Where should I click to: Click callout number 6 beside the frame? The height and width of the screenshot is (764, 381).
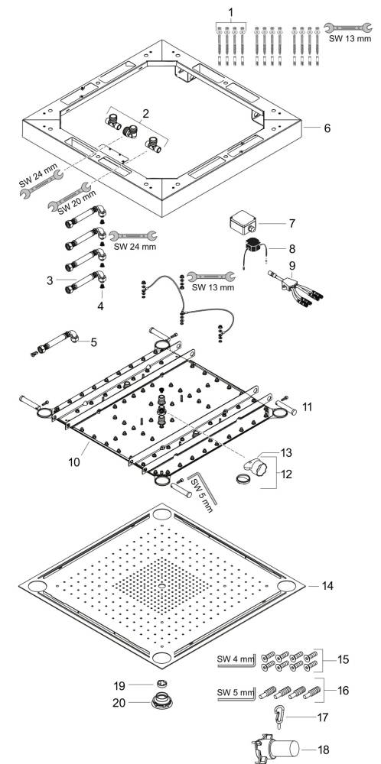(x=327, y=128)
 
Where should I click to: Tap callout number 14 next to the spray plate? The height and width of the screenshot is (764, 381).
(x=327, y=585)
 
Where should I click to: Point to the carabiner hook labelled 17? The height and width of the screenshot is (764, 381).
(x=281, y=717)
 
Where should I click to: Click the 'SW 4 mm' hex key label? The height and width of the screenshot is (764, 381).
(x=236, y=659)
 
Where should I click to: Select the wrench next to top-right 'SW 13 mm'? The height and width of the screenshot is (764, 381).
(x=348, y=28)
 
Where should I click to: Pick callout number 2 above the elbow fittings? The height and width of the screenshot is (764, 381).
(x=146, y=114)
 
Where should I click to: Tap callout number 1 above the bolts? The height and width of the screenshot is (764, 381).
(x=231, y=11)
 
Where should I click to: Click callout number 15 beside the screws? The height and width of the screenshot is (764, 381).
(x=343, y=659)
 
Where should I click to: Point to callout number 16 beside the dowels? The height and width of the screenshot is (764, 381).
(x=343, y=691)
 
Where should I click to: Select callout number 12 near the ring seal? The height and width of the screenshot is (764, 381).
(x=286, y=473)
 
